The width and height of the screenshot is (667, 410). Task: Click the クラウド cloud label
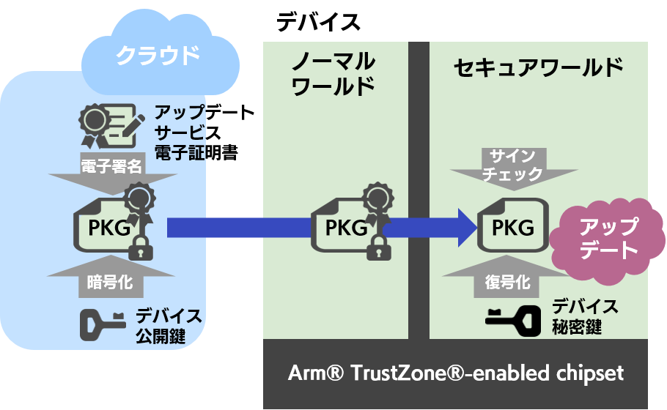[158, 56]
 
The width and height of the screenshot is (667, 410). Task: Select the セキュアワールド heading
[538, 68]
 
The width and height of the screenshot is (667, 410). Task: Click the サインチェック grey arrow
[512, 166]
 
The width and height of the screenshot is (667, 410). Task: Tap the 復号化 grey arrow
[512, 278]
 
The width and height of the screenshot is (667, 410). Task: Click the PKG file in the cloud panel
[110, 227]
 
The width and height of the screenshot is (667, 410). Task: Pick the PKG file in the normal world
[344, 227]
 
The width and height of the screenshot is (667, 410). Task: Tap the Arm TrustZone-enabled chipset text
[455, 373]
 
